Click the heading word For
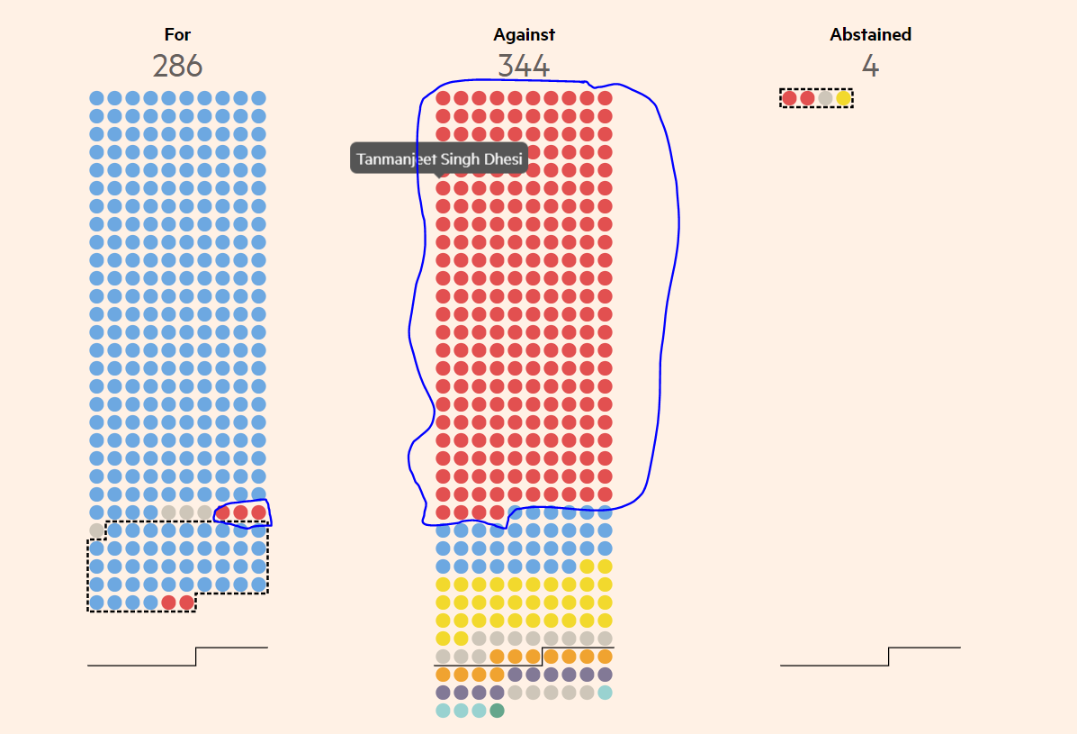(177, 35)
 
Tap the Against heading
(524, 35)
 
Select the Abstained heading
(870, 35)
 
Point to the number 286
(177, 67)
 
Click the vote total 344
(524, 67)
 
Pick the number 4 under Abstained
(870, 67)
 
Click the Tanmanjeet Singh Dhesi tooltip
(439, 159)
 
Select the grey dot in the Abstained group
(825, 98)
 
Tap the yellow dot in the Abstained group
(843, 98)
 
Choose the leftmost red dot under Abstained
(789, 98)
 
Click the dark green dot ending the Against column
(497, 711)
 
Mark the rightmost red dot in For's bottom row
(186, 603)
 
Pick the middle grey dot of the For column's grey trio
(186, 512)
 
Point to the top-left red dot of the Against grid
(443, 98)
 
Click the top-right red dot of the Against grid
(605, 98)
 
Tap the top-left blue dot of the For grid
(96, 98)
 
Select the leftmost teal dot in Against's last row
(443, 711)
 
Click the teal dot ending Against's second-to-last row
(605, 693)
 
